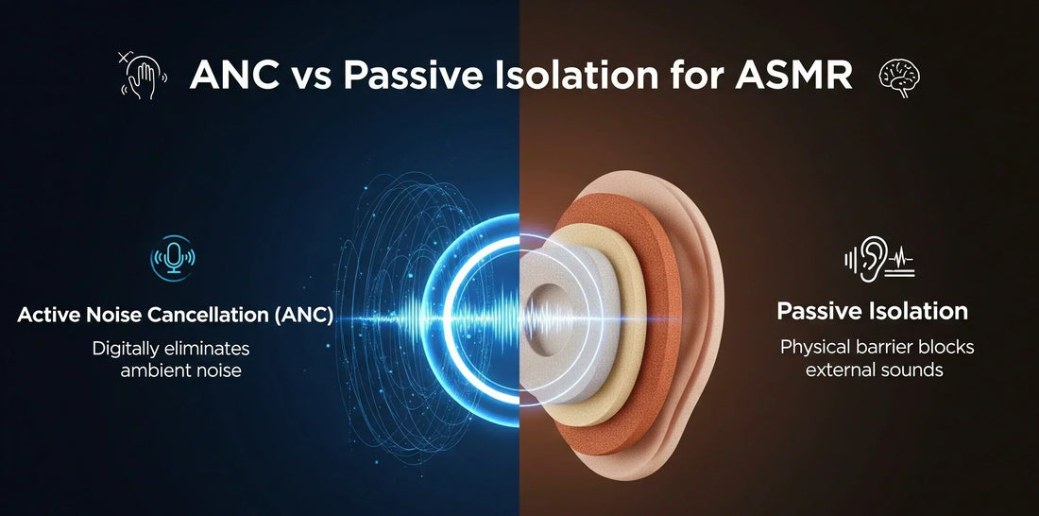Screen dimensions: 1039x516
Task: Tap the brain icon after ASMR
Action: pos(899,77)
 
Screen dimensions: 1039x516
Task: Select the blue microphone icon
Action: pos(173,257)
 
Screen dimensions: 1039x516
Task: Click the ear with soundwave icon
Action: pos(878,259)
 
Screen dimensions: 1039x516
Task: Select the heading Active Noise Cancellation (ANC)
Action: pos(175,315)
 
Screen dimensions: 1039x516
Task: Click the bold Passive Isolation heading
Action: pos(872,311)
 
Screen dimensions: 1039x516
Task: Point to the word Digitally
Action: pos(131,349)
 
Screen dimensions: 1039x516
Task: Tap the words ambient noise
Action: pos(181,370)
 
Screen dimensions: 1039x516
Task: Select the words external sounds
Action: pos(874,370)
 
